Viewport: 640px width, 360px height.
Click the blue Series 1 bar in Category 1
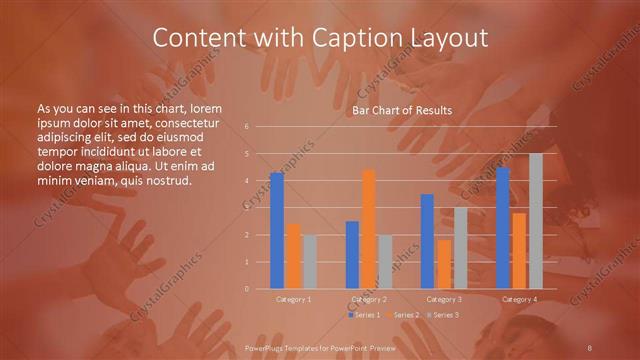(x=277, y=231)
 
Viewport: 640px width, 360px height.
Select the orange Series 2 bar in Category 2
(x=368, y=229)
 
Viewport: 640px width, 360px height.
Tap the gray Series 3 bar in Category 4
(x=536, y=221)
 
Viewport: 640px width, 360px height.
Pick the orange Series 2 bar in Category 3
(x=444, y=264)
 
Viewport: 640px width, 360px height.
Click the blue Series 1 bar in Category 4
(x=503, y=228)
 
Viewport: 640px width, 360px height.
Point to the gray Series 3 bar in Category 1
(x=309, y=262)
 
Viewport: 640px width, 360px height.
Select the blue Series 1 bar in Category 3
(x=427, y=241)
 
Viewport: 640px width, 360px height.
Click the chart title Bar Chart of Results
(x=402, y=110)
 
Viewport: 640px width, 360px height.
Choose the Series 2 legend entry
(x=404, y=315)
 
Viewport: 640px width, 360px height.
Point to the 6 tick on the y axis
(x=246, y=127)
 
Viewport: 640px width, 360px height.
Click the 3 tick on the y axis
(x=246, y=208)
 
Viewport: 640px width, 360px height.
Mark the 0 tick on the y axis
(x=246, y=289)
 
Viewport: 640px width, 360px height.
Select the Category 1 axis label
(x=293, y=299)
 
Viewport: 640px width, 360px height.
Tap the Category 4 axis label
(x=519, y=299)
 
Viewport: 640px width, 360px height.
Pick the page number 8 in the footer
(x=591, y=346)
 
